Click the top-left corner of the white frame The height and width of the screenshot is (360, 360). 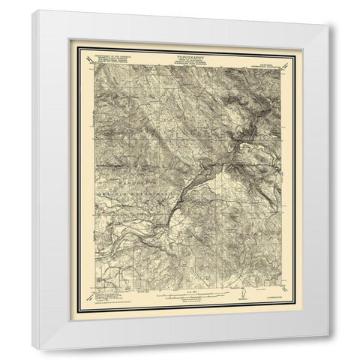pos(34,10)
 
